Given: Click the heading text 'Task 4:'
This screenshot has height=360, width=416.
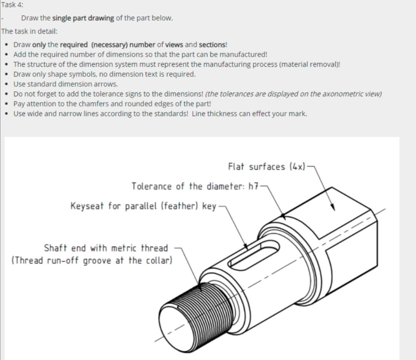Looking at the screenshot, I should tap(12, 5).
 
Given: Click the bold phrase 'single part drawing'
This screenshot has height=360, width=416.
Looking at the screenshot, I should tap(83, 18).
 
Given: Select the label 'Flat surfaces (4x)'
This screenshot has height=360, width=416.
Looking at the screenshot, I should tap(266, 167).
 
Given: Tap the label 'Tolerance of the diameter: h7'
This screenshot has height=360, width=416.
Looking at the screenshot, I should tap(195, 187).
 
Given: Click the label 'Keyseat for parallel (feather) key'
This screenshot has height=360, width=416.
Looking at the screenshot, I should tap(143, 206).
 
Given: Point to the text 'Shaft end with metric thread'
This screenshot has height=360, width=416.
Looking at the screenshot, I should tap(106, 248).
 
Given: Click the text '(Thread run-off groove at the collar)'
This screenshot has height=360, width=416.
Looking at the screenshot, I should tap(92, 261).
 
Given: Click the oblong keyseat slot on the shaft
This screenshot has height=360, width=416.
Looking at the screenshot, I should tap(254, 255).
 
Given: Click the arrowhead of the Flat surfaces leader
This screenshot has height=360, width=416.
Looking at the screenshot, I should tap(333, 208).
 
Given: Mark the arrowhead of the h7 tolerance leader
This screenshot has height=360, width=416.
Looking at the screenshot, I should tap(284, 216).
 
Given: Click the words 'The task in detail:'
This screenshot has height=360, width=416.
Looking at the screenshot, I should tap(29, 31).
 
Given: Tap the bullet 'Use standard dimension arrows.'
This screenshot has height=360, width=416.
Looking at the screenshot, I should tap(65, 84).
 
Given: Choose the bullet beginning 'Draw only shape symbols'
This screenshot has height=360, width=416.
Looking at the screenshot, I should tap(104, 74).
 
